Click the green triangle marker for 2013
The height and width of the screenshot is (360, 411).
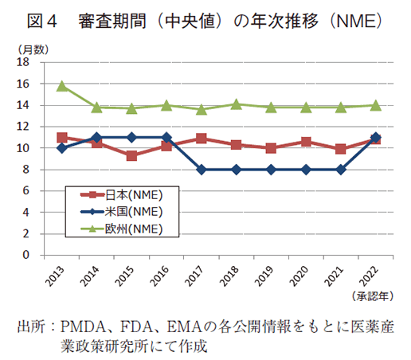62,85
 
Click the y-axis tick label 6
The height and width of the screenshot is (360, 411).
26,191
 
